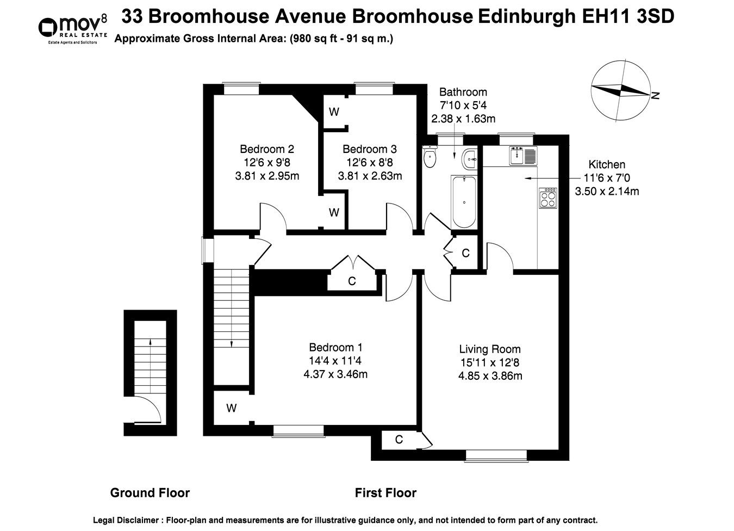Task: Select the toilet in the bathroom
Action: point(430,158)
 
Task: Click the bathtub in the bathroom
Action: point(464,201)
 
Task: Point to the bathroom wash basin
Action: point(469,159)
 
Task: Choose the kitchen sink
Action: point(522,156)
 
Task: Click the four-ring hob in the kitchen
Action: point(548,197)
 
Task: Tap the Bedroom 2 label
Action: point(267,149)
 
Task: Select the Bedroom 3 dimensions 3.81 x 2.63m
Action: point(370,176)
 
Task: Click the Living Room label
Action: point(490,349)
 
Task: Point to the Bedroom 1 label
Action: point(335,347)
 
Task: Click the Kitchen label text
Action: point(607,164)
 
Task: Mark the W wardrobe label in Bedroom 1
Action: point(232,408)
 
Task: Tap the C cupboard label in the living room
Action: point(399,440)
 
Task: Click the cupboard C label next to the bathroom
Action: point(465,254)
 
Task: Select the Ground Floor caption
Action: point(150,493)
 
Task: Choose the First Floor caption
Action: point(385,493)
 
